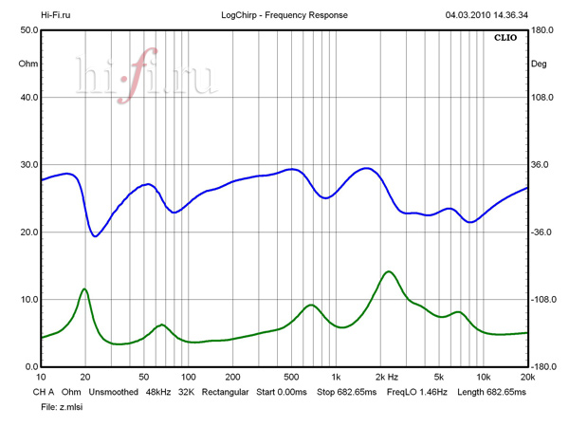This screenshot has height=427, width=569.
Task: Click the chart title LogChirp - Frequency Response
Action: tap(283, 15)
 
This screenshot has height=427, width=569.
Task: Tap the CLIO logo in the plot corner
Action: tap(506, 39)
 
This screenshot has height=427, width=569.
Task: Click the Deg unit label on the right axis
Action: tap(539, 65)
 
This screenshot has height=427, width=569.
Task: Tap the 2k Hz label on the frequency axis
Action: tap(390, 377)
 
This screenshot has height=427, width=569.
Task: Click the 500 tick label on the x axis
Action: tap(290, 377)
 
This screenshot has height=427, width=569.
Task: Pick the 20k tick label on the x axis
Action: tap(527, 377)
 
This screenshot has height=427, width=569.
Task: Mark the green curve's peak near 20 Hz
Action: tap(85, 288)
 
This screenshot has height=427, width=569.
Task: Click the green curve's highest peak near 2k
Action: tap(388, 271)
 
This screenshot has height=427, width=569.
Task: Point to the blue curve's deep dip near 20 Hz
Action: tap(95, 235)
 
